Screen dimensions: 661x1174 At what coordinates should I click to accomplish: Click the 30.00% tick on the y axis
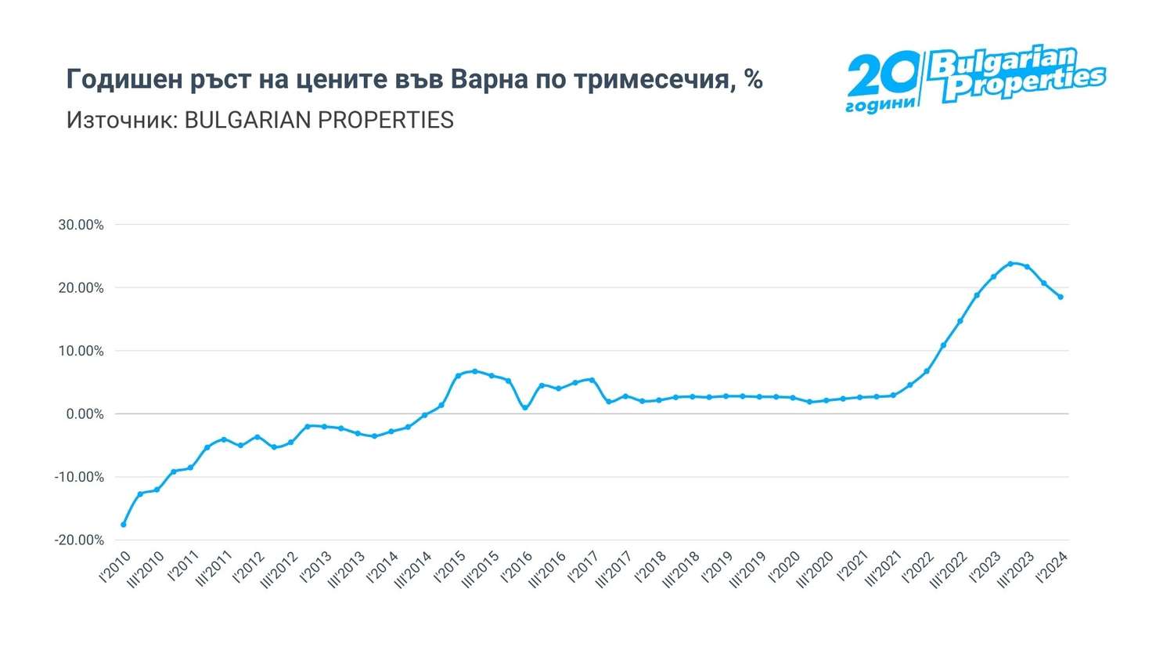coord(81,226)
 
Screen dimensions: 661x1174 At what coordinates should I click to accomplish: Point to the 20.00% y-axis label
coord(81,288)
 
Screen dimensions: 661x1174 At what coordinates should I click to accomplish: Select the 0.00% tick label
coord(83,414)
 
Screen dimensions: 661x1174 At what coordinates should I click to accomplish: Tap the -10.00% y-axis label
coord(79,477)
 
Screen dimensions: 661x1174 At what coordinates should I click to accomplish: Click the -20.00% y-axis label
coord(79,540)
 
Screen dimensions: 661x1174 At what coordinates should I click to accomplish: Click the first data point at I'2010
coord(124,524)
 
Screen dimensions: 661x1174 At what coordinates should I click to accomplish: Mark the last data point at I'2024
coord(1061,297)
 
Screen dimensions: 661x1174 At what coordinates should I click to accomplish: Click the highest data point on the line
coord(1010,263)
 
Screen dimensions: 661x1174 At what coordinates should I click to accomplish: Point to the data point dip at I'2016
coord(525,407)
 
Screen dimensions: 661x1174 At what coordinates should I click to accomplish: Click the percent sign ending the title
coord(754,79)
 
